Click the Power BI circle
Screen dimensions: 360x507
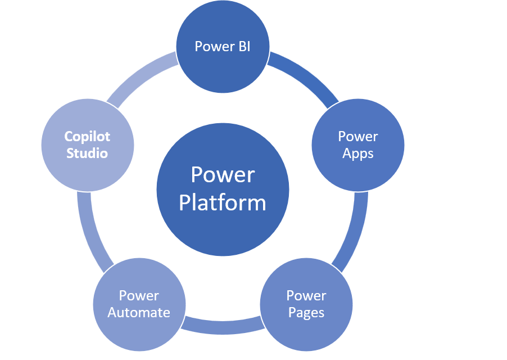click(x=223, y=47)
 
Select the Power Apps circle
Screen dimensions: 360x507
click(x=357, y=145)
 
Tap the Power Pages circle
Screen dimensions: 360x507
click(x=306, y=304)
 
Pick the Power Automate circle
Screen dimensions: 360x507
click(x=139, y=304)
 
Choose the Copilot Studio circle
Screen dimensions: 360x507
click(x=87, y=145)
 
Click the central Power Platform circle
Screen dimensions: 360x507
click(x=223, y=188)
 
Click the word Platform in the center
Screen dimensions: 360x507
click(x=223, y=202)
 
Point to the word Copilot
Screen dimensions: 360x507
click(x=87, y=137)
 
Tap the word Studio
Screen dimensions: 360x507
click(x=87, y=153)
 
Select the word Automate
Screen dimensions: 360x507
click(x=139, y=313)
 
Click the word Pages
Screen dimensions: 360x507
click(x=306, y=313)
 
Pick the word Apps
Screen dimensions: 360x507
click(x=357, y=153)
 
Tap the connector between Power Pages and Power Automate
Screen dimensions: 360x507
click(x=223, y=326)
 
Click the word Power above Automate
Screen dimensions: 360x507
click(x=139, y=296)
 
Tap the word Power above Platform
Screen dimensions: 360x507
click(x=223, y=175)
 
